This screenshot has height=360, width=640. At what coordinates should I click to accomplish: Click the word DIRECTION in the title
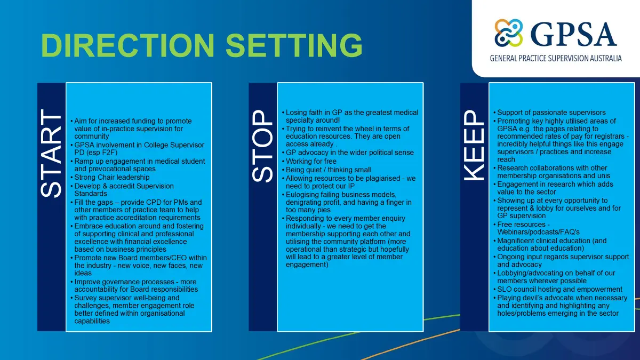click(127, 45)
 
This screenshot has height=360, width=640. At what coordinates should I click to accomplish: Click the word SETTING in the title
click(294, 45)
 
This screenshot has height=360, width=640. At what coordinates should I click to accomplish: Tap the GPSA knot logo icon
click(509, 33)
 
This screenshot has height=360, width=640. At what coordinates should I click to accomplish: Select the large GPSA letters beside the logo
click(573, 35)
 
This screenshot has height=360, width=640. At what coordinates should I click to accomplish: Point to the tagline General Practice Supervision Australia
click(556, 59)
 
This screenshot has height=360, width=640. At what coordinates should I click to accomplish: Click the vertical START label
click(51, 153)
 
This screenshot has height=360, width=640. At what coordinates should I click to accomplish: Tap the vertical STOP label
click(262, 146)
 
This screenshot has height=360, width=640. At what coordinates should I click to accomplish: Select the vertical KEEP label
click(474, 146)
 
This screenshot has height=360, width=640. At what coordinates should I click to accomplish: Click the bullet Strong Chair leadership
click(111, 178)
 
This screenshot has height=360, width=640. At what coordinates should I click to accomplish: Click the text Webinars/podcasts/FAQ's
click(538, 232)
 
